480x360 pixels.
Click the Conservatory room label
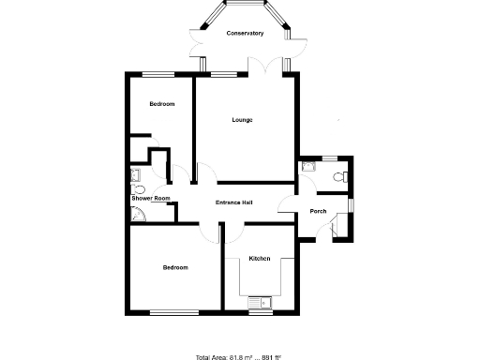tap(245, 34)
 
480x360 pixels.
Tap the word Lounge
tap(244, 120)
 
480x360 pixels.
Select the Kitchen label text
tap(260, 258)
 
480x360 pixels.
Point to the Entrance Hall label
tap(234, 202)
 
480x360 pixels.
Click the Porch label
tap(318, 211)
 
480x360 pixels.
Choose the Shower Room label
tap(150, 199)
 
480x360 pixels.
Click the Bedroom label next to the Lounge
tap(162, 104)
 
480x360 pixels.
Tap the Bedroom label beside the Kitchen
tap(175, 267)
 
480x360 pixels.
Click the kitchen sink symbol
tap(260, 302)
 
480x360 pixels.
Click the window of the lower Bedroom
tap(174, 312)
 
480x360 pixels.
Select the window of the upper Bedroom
tap(160, 74)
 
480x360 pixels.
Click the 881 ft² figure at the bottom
tap(271, 357)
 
